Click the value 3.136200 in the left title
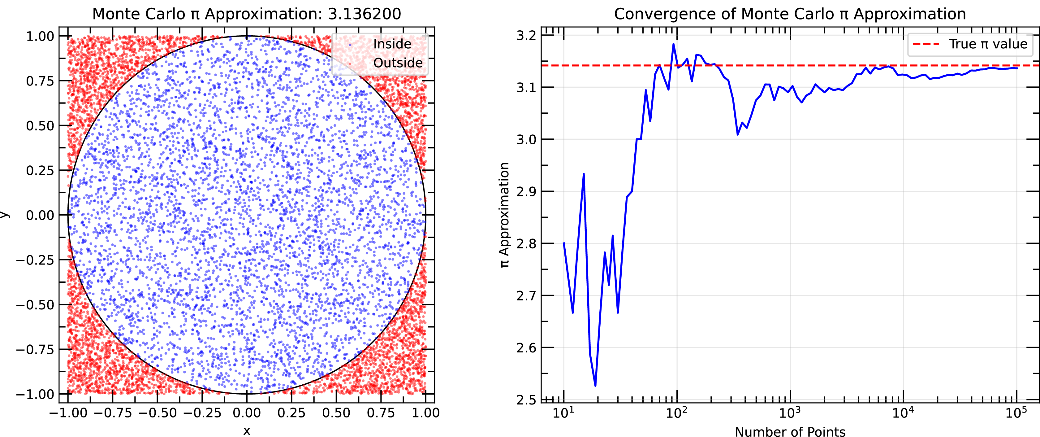364,14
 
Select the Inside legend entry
392,44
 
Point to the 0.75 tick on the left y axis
40,81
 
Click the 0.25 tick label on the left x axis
291,413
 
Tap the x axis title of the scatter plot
247,430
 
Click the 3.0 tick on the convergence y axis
526,139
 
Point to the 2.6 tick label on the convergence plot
526,348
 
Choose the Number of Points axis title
790,431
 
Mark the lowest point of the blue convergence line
595,386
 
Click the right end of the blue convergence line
1016,68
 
